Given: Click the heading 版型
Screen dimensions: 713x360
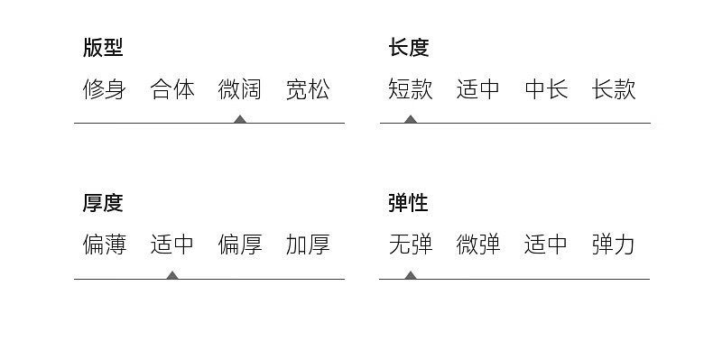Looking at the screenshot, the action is (x=103, y=48).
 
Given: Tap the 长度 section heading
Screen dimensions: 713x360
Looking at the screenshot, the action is (x=409, y=48).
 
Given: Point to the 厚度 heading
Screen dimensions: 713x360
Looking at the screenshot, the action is (x=103, y=203).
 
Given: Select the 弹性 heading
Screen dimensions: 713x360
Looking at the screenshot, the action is (x=408, y=203).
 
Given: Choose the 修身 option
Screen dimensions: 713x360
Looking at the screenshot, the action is (x=104, y=89).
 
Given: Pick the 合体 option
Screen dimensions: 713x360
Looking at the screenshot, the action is (x=172, y=89).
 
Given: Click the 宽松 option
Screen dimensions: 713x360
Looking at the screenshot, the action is (x=308, y=89).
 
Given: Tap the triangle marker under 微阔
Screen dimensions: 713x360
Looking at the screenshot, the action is (x=240, y=119).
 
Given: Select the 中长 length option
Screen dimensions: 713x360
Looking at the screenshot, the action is (x=546, y=89).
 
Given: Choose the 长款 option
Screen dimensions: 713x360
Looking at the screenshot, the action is (x=614, y=89).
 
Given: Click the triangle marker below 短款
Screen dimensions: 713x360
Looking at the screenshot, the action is (x=411, y=119).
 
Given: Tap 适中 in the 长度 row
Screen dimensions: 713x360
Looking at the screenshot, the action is (x=478, y=89).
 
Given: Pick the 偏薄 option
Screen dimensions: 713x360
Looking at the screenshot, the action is (x=104, y=245).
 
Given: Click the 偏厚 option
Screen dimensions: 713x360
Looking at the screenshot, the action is (x=240, y=245).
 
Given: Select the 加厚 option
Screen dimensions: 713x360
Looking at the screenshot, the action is (x=308, y=245).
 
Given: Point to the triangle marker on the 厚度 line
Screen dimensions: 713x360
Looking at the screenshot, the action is (x=171, y=275).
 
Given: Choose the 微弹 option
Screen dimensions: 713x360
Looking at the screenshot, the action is (x=478, y=245).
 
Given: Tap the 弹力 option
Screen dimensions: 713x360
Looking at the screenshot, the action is (x=614, y=245).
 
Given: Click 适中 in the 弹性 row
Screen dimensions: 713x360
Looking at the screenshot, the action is (x=546, y=245).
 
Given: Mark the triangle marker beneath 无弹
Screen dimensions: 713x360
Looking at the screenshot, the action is (x=411, y=275).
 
